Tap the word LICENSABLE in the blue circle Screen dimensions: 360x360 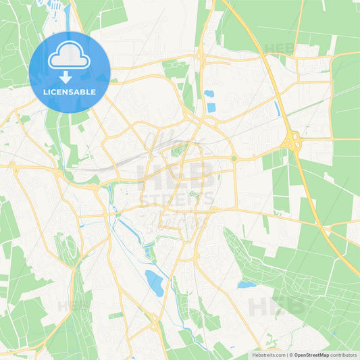(x=70, y=91)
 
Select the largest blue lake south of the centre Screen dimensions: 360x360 (x=155, y=283)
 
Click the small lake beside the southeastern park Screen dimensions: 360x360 (x=247, y=285)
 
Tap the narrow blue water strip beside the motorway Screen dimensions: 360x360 (x=277, y=109)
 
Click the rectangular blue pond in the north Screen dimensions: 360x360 (x=211, y=107)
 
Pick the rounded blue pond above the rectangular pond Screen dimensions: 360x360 (x=209, y=94)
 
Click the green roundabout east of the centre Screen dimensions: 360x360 (x=234, y=159)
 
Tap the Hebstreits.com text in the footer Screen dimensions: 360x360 (x=269, y=355)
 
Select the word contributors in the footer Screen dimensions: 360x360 (x=345, y=355)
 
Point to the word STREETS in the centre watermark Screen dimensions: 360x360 (x=177, y=199)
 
